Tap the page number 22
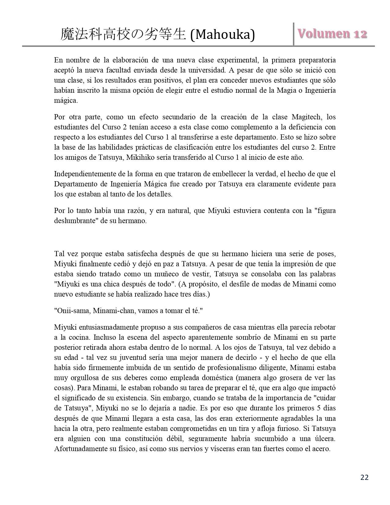[365, 477]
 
